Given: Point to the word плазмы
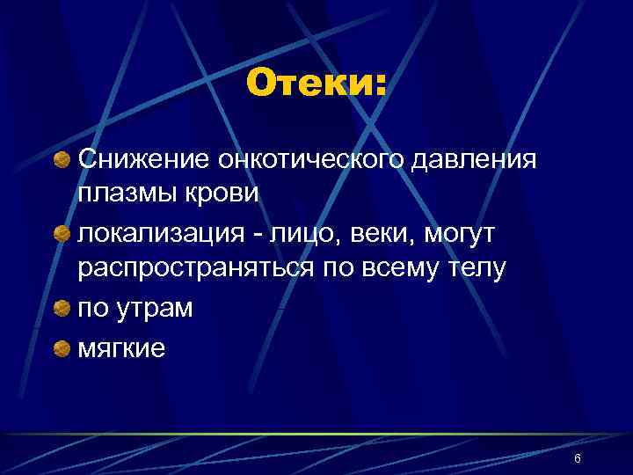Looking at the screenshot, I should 121,194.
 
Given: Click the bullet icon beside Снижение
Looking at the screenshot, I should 63,159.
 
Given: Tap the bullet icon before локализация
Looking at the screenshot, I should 63,234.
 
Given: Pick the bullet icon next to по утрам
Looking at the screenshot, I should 63,309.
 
